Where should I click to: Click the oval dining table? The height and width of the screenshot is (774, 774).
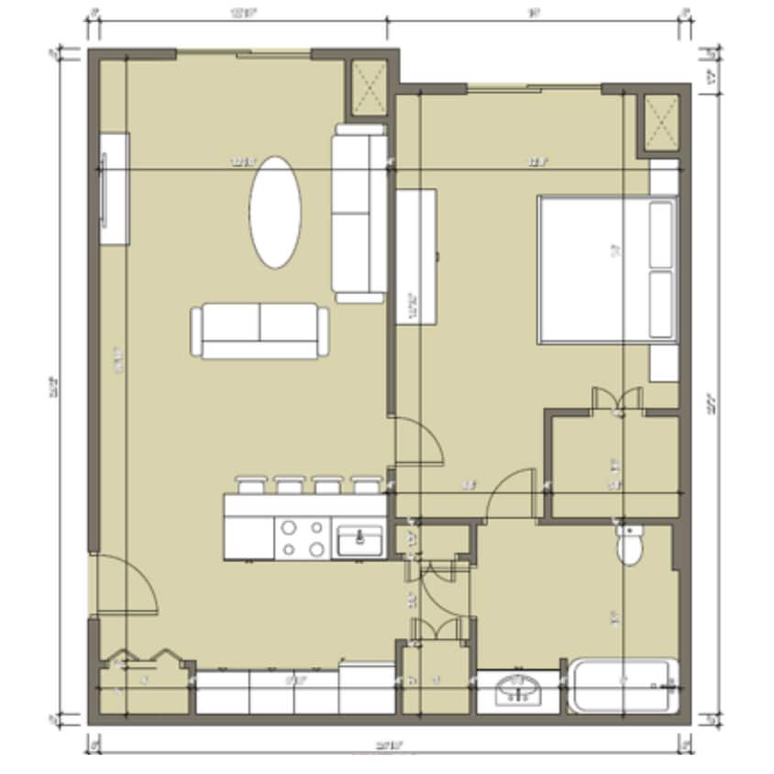(275, 212)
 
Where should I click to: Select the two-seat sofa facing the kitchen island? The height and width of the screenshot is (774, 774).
(260, 332)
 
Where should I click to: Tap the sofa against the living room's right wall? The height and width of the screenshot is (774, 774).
(359, 213)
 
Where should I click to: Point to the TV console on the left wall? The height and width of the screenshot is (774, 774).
(114, 188)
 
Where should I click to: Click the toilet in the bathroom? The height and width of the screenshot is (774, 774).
(630, 546)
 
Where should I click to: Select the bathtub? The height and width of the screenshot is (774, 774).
(624, 686)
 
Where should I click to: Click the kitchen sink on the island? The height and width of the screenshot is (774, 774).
(359, 540)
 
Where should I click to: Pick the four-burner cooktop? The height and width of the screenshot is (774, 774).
(304, 538)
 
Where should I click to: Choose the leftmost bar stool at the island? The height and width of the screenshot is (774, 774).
(250, 485)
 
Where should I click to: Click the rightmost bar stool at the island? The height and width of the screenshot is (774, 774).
(367, 485)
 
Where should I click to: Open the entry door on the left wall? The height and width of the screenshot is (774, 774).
(126, 587)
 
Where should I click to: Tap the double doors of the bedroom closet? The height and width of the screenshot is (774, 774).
(615, 400)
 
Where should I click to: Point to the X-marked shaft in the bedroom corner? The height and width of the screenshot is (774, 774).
(659, 122)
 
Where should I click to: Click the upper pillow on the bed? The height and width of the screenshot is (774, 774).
(662, 233)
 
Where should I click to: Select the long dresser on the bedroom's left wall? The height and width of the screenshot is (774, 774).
(415, 255)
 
